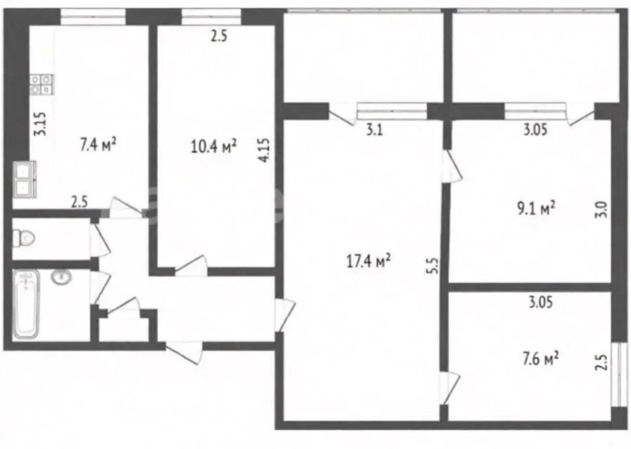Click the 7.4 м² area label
pyautogui.click(x=98, y=144)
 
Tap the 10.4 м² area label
pyautogui.click(x=213, y=146)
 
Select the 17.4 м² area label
pyautogui.click(x=368, y=260)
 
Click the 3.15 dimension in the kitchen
pyautogui.click(x=40, y=124)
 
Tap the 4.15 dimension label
pyautogui.click(x=264, y=150)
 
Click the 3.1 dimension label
pyautogui.click(x=374, y=130)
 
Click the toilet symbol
pyautogui.click(x=24, y=238)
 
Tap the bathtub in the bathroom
pyautogui.click(x=26, y=304)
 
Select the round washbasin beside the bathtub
pyautogui.click(x=61, y=276)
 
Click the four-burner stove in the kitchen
pyautogui.click(x=42, y=84)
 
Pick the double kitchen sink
pyautogui.click(x=25, y=179)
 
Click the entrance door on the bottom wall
pyautogui.click(x=183, y=352)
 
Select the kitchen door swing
pyautogui.click(x=126, y=207)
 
